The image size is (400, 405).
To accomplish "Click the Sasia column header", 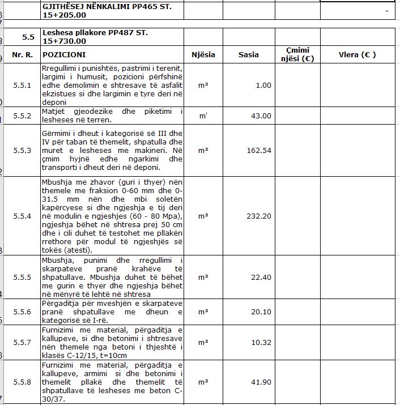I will (x=248, y=55).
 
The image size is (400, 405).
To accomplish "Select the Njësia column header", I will (x=203, y=55).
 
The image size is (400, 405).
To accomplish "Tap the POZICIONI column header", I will (x=64, y=55).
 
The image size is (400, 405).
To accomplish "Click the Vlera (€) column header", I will (x=357, y=55).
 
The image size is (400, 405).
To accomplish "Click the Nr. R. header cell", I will (x=23, y=55).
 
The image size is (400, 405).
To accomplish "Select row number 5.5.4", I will (x=23, y=216).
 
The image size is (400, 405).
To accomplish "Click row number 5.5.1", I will (x=23, y=85).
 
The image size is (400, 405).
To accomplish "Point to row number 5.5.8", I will (x=23, y=382).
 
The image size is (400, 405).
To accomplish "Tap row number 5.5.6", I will (x=23, y=312).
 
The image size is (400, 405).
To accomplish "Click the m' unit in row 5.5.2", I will (x=203, y=116).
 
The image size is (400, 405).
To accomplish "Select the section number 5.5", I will (x=29, y=37).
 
